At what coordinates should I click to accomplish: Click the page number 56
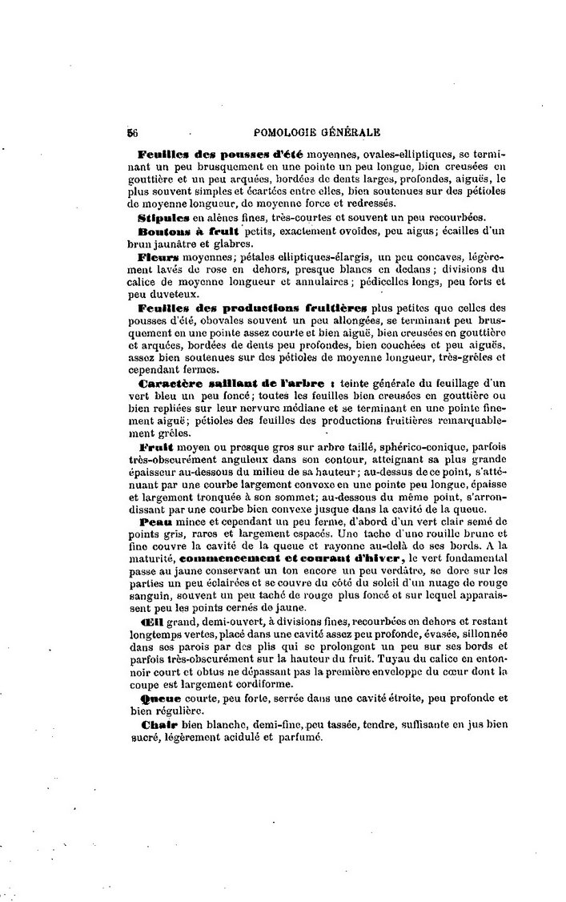pos(133,132)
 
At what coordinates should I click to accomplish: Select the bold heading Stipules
pos(162,217)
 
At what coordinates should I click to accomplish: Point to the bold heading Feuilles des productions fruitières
pos(251,308)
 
